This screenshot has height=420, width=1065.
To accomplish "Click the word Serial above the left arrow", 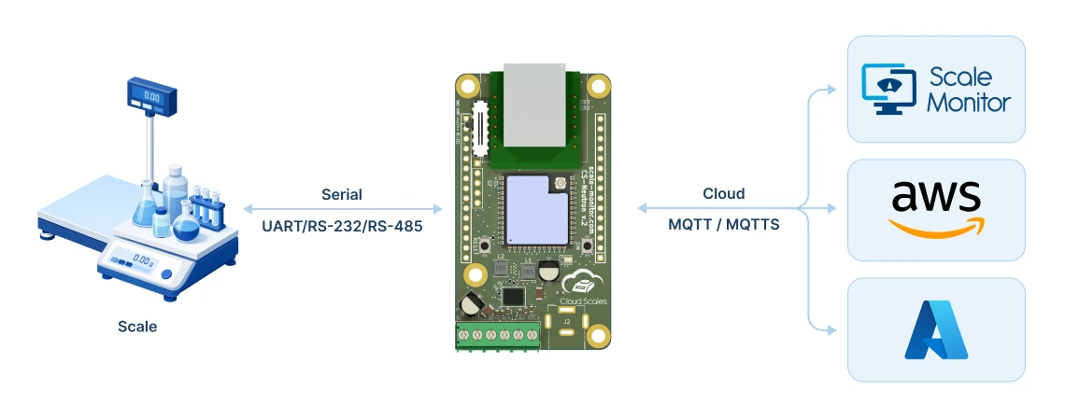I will (x=342, y=195).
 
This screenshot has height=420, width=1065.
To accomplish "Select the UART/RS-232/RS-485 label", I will (x=341, y=225).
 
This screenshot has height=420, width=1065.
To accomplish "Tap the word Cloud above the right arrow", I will (x=724, y=194).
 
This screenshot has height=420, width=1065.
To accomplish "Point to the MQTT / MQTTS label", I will (x=724, y=225).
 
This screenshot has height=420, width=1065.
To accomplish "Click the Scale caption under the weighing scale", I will (x=137, y=327).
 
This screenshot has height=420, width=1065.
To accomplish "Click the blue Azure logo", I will (x=936, y=329).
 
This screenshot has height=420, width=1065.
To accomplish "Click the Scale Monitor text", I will (x=969, y=90).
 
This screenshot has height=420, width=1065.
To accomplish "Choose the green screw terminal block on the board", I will (x=498, y=335).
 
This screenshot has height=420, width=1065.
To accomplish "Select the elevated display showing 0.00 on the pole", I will (x=151, y=95).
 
